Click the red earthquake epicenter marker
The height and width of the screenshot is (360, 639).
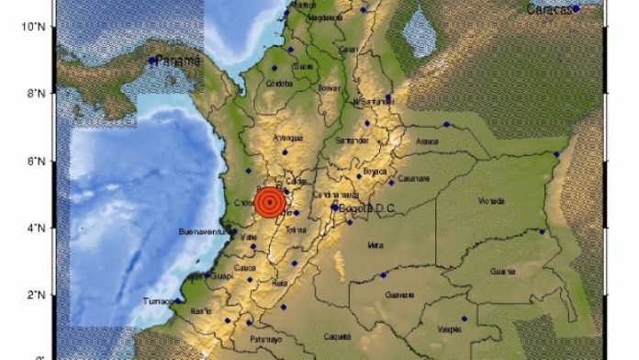pos(269,203)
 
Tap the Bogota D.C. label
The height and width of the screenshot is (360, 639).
pos(366,208)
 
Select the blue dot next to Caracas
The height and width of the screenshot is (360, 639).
pos(576,8)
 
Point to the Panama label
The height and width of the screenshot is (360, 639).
pos(178,61)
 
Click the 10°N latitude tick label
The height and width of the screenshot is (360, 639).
pos(33,27)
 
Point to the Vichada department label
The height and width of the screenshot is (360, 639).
pos(491,200)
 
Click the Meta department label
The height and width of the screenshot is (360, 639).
pos(375,246)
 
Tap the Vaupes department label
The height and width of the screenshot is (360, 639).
pos(449,329)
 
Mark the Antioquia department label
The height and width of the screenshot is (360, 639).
pos(289,140)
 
